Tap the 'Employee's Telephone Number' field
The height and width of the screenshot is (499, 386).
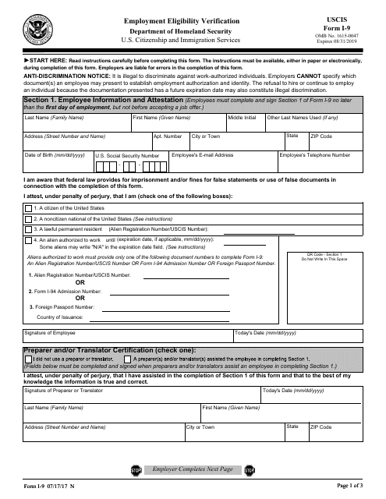[x=327, y=160]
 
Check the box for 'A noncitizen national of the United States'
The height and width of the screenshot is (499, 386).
[x=28, y=220]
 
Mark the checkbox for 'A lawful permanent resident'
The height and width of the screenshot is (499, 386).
[x=28, y=230]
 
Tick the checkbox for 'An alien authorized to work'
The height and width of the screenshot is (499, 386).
[x=28, y=241]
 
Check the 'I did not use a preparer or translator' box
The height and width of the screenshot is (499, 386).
[x=28, y=358]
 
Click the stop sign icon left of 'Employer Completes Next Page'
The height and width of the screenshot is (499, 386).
[x=136, y=470]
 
